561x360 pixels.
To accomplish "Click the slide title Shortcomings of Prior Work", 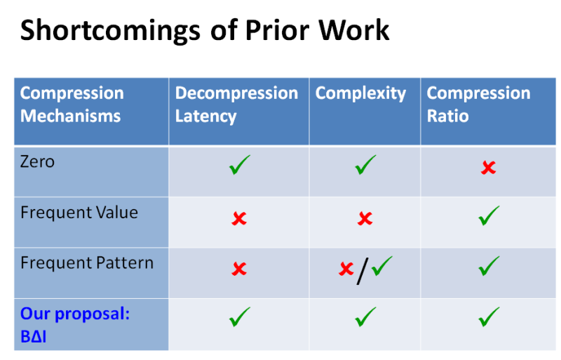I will point(204,31).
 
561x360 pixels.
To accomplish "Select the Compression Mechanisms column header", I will point(72,105).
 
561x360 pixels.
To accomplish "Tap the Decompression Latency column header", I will point(236,105).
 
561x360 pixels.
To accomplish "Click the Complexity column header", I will point(360,93).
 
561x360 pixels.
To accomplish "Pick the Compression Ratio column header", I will point(478,105).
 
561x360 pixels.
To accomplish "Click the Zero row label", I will point(38,162).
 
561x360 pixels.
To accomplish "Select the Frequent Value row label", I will point(79,213).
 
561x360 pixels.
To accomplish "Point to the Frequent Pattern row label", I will point(87,263).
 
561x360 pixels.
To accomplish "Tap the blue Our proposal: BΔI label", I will point(75,324).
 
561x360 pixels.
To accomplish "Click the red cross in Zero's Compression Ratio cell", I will point(488,168).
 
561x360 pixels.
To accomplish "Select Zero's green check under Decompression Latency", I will point(239,166).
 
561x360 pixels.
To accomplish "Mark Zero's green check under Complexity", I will point(365,166).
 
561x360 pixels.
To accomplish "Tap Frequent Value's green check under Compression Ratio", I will point(488,216).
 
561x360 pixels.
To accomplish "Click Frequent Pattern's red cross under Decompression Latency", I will point(239,269).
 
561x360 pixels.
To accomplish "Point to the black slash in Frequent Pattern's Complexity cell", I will point(362,270).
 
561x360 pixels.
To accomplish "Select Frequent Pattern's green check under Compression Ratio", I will point(488,266).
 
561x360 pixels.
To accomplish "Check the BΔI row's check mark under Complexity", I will point(365,317).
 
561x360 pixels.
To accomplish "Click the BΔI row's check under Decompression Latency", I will point(239,317).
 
